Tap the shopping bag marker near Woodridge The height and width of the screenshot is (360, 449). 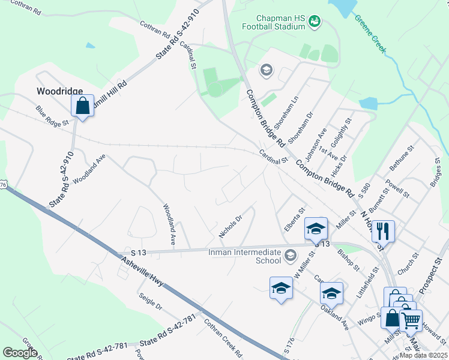pyautogui.click(x=83, y=106)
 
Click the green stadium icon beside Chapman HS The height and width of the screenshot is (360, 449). pyautogui.click(x=315, y=22)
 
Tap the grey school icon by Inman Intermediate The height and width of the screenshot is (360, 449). pyautogui.click(x=290, y=256)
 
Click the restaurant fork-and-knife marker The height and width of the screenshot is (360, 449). pyautogui.click(x=383, y=230)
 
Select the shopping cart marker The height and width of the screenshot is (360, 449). pyautogui.click(x=411, y=320)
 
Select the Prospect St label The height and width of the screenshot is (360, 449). pyautogui.click(x=430, y=276)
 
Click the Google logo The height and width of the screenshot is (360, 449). pyautogui.click(x=20, y=353)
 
